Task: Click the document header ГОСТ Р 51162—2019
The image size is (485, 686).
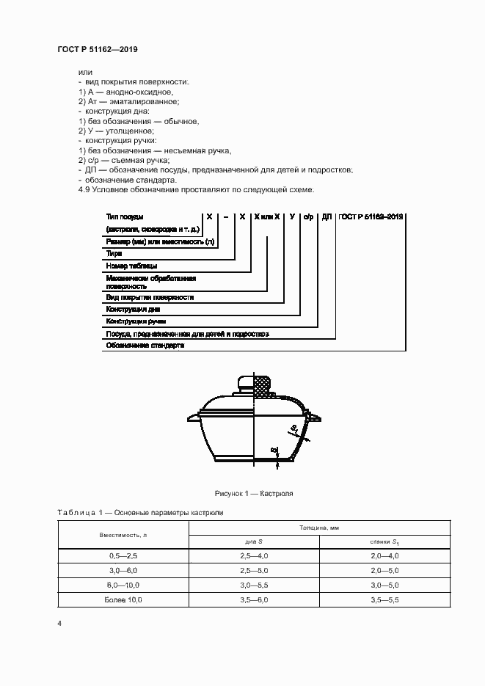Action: pyautogui.click(x=98, y=49)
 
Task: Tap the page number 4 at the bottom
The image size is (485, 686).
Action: pyautogui.click(x=59, y=623)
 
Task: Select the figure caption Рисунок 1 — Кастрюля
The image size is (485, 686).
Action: pyautogui.click(x=253, y=494)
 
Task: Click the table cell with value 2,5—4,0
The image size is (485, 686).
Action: pyautogui.click(x=254, y=557)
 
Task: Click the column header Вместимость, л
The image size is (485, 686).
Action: pyautogui.click(x=123, y=535)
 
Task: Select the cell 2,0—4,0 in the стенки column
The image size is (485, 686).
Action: pyautogui.click(x=384, y=557)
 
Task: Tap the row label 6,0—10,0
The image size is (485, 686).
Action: pyautogui.click(x=123, y=585)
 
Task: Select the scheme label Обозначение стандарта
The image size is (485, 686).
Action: pyautogui.click(x=145, y=345)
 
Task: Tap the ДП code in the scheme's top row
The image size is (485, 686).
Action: pyautogui.click(x=327, y=217)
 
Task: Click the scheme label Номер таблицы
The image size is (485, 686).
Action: pyautogui.click(x=131, y=265)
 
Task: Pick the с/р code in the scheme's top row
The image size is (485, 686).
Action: pyautogui.click(x=309, y=217)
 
